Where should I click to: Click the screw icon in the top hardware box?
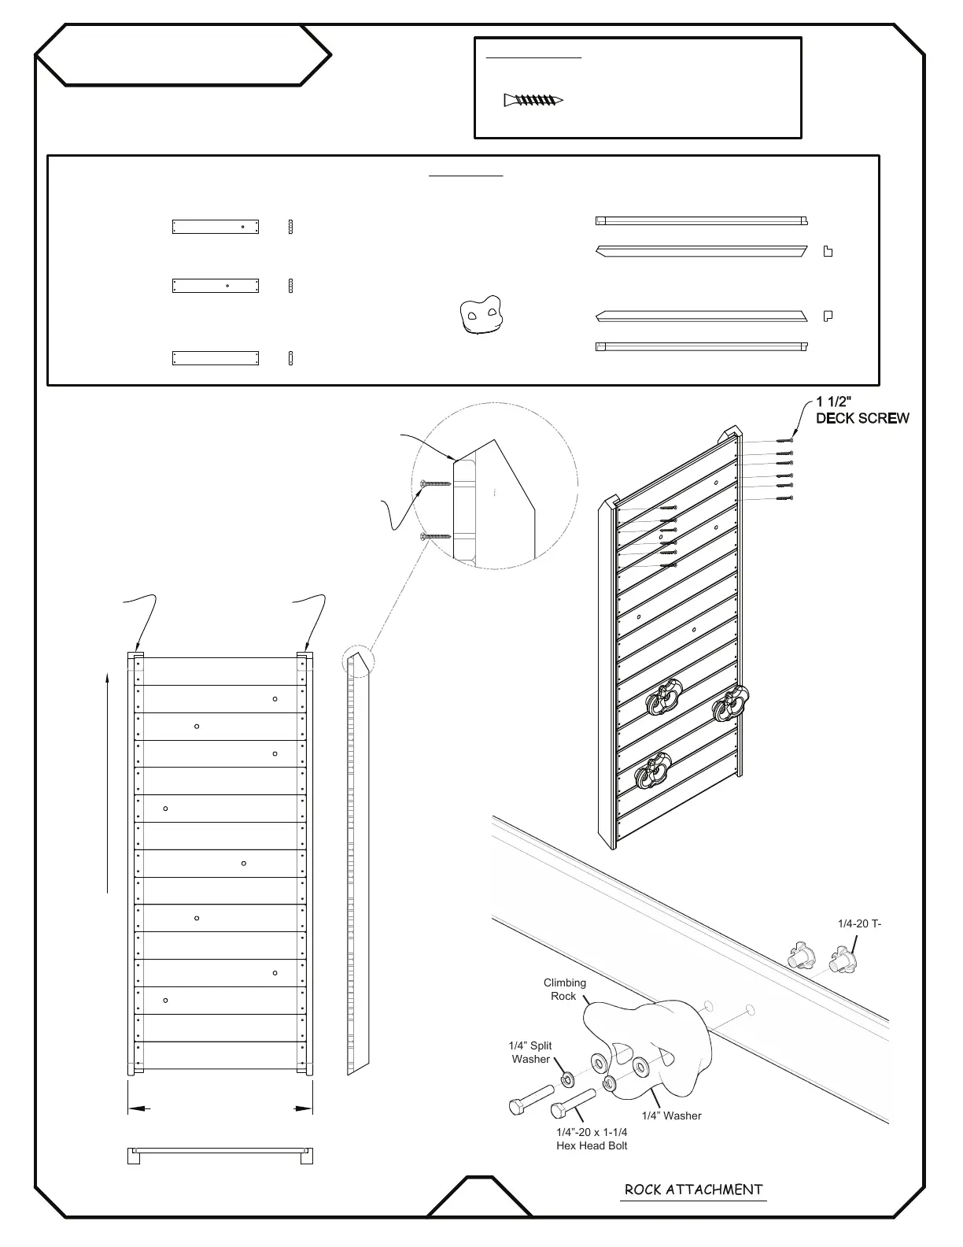(x=533, y=100)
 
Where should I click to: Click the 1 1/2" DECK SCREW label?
(x=862, y=411)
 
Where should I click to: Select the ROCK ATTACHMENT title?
(x=693, y=1190)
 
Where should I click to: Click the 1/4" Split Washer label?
(x=531, y=1052)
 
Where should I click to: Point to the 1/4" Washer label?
(x=671, y=1116)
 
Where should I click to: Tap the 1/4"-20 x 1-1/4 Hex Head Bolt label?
(x=592, y=1138)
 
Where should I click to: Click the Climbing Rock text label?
(x=564, y=989)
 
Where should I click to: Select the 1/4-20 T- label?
(x=859, y=923)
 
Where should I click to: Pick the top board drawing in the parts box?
(x=216, y=227)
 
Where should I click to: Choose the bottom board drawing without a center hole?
(x=216, y=359)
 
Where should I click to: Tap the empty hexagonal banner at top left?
(x=183, y=55)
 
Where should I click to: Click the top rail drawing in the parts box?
(x=701, y=221)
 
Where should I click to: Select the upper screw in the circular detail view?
(x=434, y=483)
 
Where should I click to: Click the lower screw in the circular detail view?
(x=435, y=536)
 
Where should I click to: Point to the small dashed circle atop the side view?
(x=359, y=661)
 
